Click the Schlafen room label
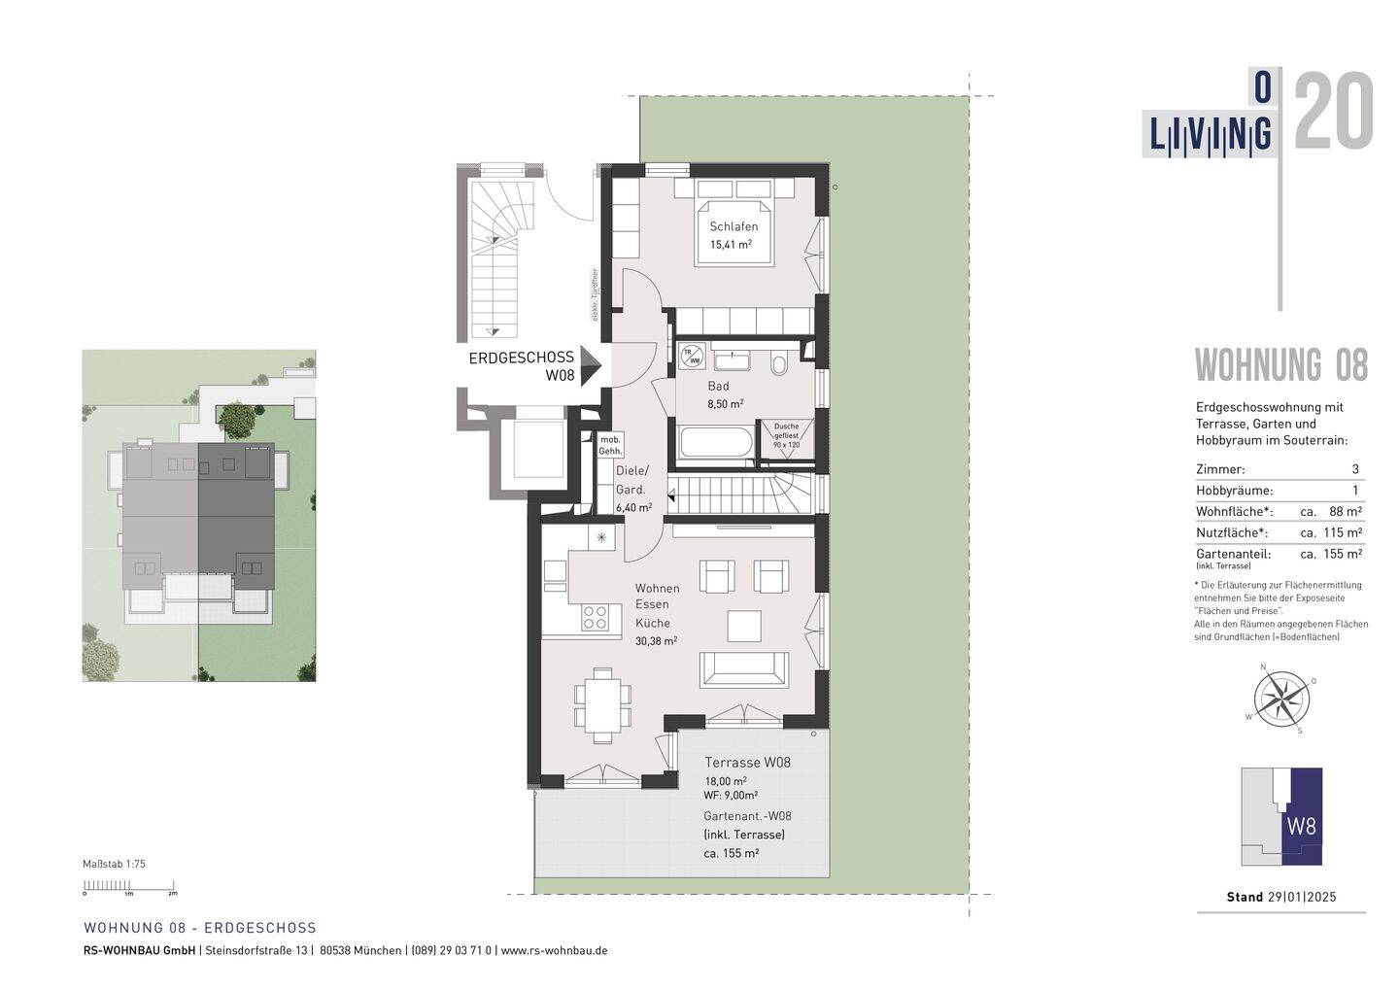tap(734, 226)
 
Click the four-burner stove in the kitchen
tap(595, 617)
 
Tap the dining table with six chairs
tap(602, 704)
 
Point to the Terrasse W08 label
tap(747, 763)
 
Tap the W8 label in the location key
tap(1301, 827)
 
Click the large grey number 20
tap(1333, 112)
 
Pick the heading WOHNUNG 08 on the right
tap(1280, 366)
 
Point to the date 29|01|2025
tap(1302, 897)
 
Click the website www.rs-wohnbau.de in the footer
tap(554, 950)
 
